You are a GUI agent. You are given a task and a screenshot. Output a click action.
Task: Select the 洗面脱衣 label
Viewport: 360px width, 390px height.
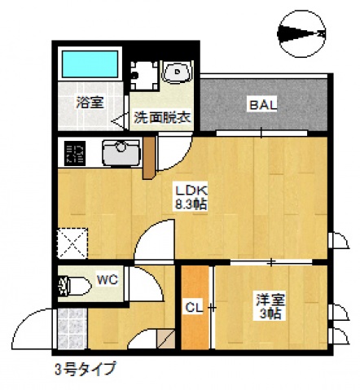[162, 116]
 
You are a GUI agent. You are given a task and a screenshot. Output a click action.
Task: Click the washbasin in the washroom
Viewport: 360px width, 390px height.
[176, 75]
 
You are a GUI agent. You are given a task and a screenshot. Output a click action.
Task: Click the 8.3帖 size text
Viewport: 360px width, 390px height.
[190, 205]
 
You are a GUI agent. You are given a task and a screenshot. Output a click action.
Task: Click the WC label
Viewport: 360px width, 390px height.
[108, 279]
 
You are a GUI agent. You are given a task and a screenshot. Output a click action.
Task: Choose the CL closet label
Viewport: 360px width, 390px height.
[193, 307]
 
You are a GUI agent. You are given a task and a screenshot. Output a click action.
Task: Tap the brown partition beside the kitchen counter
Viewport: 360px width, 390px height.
[147, 160]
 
